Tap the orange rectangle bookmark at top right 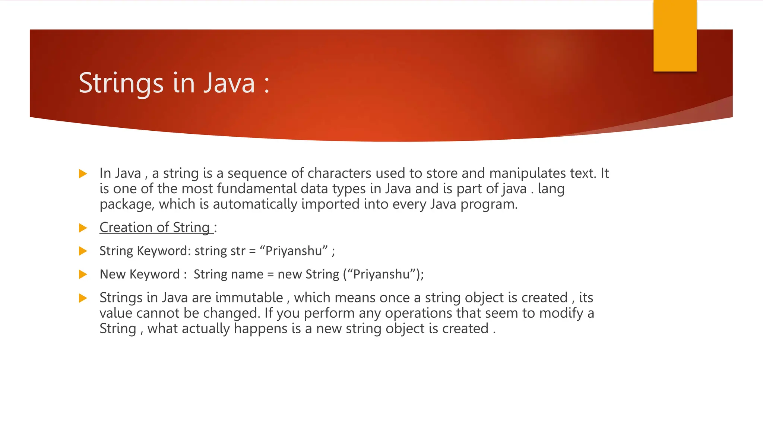(675, 36)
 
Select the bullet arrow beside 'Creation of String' (83, 228)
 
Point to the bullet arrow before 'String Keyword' (83, 251)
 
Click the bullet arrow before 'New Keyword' (83, 275)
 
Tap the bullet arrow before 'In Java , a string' (83, 174)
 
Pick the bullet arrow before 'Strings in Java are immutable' (83, 298)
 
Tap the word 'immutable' (249, 298)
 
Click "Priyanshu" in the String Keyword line (294, 251)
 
